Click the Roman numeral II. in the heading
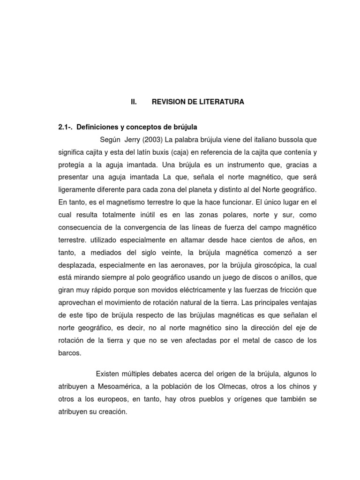[x=134, y=102]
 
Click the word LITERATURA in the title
[x=221, y=102]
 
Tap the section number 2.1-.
[x=65, y=127]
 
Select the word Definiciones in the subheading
[x=98, y=127]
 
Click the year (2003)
[x=156, y=140]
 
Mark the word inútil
[x=150, y=215]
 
